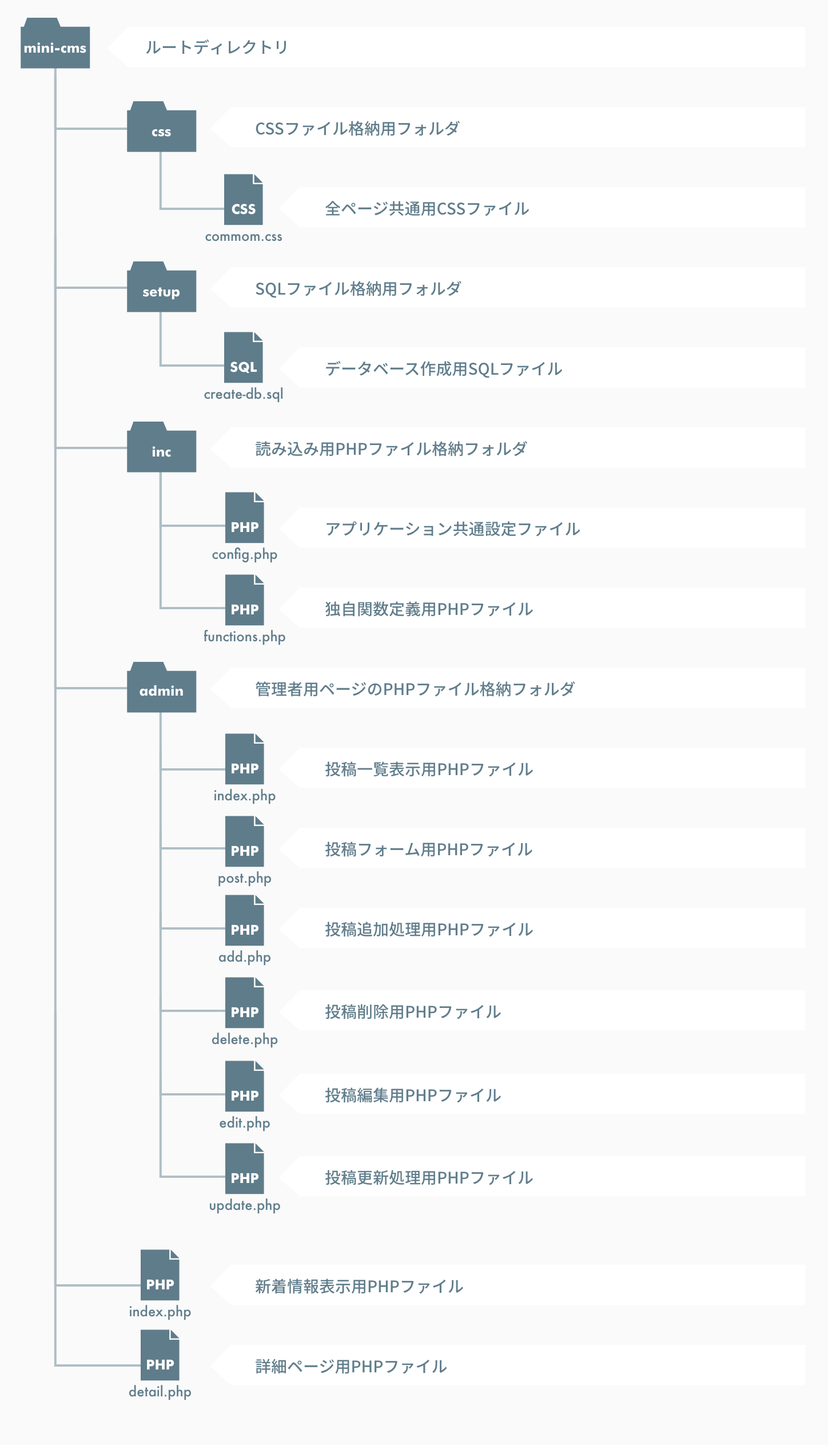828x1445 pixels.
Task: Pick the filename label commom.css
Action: click(244, 236)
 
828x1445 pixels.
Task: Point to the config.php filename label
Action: click(245, 554)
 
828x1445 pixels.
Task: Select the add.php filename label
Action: click(245, 957)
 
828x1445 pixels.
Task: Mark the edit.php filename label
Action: click(245, 1123)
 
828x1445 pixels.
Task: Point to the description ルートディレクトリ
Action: click(217, 47)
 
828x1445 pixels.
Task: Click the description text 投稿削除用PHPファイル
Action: click(413, 1012)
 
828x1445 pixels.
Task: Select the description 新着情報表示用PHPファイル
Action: click(359, 1287)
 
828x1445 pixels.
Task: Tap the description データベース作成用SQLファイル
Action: click(444, 369)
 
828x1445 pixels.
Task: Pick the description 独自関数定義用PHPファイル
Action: click(429, 609)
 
